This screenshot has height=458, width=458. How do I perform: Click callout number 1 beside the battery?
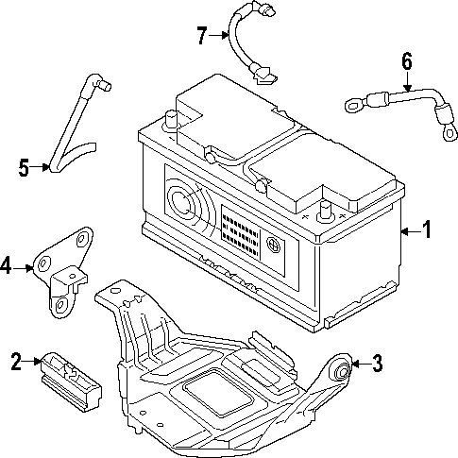(x=427, y=229)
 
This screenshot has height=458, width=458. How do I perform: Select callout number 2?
(x=16, y=360)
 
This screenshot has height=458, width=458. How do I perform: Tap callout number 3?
(x=377, y=362)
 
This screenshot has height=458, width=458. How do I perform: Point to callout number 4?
(x=8, y=267)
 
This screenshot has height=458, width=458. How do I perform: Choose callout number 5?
(x=25, y=168)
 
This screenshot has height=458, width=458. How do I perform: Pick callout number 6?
(x=407, y=61)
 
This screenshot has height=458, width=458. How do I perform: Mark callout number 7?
(x=202, y=36)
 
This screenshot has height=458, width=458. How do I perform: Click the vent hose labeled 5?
(x=76, y=123)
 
